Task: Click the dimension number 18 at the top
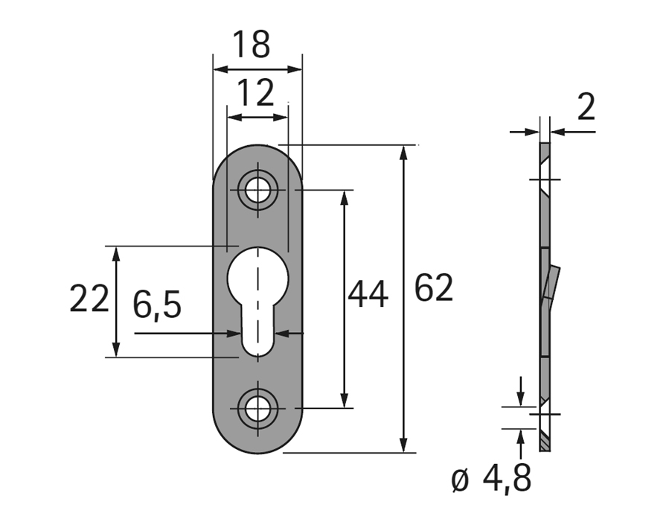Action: pyautogui.click(x=252, y=45)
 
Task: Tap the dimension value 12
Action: pyautogui.click(x=255, y=93)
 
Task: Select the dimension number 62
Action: pyautogui.click(x=433, y=288)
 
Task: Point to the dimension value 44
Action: pyautogui.click(x=368, y=293)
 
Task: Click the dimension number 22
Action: pyautogui.click(x=89, y=299)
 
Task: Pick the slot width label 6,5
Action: pyautogui.click(x=157, y=305)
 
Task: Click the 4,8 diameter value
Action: pyautogui.click(x=507, y=479)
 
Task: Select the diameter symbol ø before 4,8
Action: pyautogui.click(x=460, y=481)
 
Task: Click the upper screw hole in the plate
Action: pyautogui.click(x=257, y=189)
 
